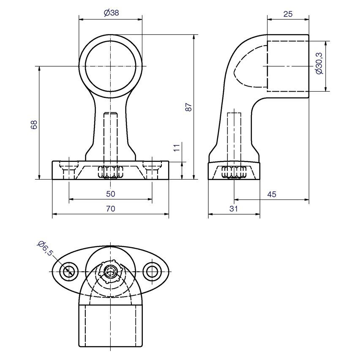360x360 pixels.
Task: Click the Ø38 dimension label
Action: pos(112,13)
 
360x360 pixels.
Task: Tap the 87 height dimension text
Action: pos(188,107)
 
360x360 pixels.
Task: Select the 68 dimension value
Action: pos(34,125)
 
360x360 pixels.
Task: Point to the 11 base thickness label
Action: pos(176,148)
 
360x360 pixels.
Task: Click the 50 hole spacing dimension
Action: pos(110,194)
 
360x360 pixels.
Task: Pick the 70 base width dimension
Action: pos(110,209)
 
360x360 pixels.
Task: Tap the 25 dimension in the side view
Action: pos(288,14)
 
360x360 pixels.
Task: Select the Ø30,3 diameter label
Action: pos(319,63)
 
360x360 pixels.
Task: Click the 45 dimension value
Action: pos(272,194)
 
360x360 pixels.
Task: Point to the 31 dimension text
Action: pos(234,209)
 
